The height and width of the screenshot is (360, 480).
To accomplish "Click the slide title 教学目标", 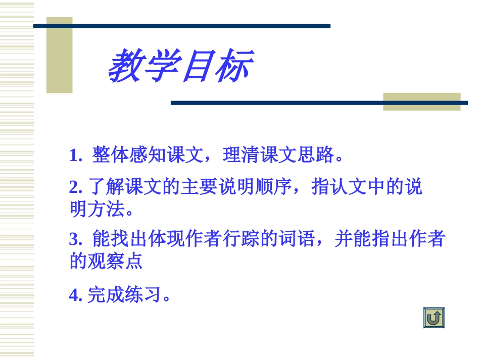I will pyautogui.click(x=180, y=66).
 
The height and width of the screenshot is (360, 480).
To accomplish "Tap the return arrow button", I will pyautogui.click(x=434, y=318).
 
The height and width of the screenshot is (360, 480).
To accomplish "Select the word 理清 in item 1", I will pyautogui.click(x=240, y=156).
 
